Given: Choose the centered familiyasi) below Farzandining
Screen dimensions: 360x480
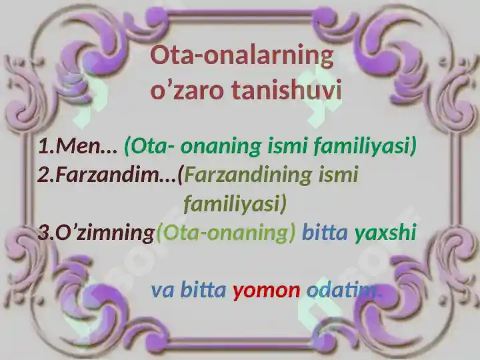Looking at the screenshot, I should click(235, 203).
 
